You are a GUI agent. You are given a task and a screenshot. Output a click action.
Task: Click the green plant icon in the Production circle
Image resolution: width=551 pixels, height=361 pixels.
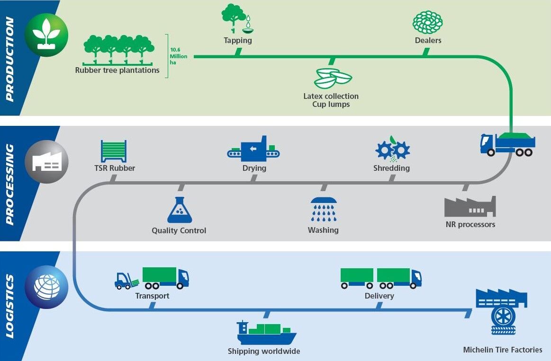(46, 35)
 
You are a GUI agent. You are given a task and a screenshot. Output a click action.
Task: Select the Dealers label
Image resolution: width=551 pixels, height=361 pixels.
(428, 41)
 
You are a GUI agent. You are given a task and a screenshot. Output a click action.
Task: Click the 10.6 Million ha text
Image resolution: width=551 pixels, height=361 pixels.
(179, 56)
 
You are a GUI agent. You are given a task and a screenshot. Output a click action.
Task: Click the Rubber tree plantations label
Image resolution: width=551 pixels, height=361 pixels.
(117, 70)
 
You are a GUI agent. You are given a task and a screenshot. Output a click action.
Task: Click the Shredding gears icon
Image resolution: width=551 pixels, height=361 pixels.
(392, 149)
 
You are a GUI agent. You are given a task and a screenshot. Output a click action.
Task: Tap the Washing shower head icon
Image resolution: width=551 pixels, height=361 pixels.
(324, 209)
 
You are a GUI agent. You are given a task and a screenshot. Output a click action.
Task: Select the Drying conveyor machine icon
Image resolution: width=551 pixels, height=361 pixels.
(253, 149)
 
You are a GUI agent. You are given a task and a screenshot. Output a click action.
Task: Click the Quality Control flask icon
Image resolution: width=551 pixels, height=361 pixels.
(180, 211)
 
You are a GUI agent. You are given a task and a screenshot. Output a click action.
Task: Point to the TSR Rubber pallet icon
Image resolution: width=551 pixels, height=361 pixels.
(114, 151)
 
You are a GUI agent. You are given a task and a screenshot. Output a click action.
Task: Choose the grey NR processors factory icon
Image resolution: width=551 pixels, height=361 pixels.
(470, 207)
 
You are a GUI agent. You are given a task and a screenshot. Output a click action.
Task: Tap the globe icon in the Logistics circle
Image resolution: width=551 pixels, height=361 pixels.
(46, 287)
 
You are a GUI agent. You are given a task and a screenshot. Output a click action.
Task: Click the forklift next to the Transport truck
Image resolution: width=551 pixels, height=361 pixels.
(126, 282)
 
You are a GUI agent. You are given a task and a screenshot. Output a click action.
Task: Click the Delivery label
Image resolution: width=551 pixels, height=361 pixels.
(379, 296)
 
